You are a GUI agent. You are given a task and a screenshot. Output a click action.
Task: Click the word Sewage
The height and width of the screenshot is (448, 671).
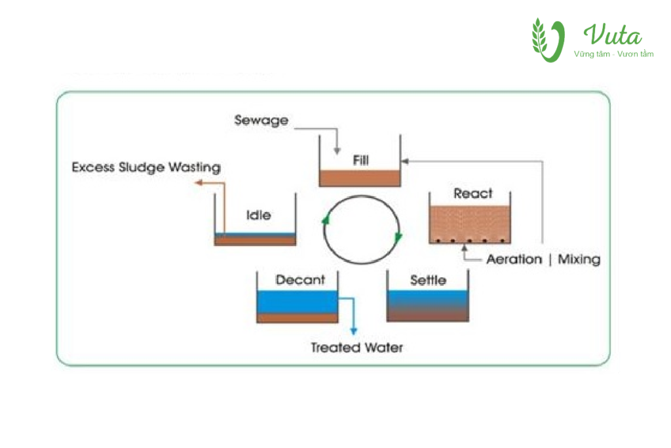(x=261, y=121)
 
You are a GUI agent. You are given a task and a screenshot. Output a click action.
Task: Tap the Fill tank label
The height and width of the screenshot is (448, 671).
(x=359, y=159)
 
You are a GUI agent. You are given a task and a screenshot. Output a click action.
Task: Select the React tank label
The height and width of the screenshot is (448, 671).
(x=472, y=193)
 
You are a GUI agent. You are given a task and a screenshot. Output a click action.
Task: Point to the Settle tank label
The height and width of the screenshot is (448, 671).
(x=428, y=280)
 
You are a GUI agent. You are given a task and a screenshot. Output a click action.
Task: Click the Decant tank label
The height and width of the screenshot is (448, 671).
(x=300, y=280)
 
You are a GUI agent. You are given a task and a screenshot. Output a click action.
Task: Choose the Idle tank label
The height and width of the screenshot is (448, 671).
(x=258, y=215)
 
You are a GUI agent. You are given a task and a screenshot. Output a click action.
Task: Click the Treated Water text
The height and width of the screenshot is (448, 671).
(x=356, y=348)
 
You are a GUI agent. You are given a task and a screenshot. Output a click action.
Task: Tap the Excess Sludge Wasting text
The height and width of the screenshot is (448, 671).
(x=146, y=167)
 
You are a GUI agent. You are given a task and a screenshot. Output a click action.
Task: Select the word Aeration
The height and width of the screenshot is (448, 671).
(x=514, y=259)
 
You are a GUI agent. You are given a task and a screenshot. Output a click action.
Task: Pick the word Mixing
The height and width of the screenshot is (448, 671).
(x=579, y=259)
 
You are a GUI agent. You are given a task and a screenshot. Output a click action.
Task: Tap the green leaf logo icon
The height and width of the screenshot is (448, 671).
(x=548, y=40)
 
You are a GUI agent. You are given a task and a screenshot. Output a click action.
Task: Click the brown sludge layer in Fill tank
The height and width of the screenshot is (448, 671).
(x=359, y=178)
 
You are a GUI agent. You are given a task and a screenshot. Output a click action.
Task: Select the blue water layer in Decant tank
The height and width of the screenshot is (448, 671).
(x=297, y=302)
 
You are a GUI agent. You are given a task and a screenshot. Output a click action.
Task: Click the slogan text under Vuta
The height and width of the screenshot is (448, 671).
(x=613, y=54)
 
